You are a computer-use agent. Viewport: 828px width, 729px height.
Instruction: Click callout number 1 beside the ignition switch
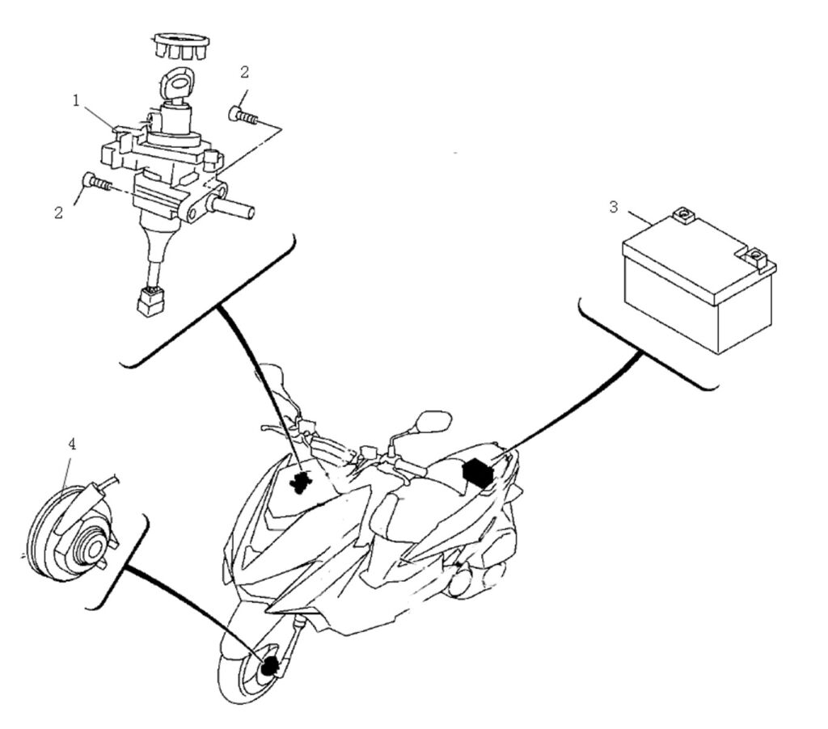click(76, 101)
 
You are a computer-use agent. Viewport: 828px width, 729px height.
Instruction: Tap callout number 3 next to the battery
click(614, 207)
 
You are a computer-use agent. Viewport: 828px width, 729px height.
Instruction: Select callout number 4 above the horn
click(72, 444)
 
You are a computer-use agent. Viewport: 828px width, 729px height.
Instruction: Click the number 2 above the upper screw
click(244, 72)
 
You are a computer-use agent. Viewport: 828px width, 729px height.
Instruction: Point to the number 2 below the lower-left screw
click(58, 213)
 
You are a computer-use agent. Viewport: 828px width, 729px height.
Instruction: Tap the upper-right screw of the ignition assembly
click(243, 116)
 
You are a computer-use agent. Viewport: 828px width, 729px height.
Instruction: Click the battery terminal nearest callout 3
click(683, 215)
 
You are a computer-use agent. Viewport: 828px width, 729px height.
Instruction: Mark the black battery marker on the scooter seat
click(477, 470)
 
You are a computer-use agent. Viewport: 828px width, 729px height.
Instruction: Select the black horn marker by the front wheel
click(270, 666)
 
